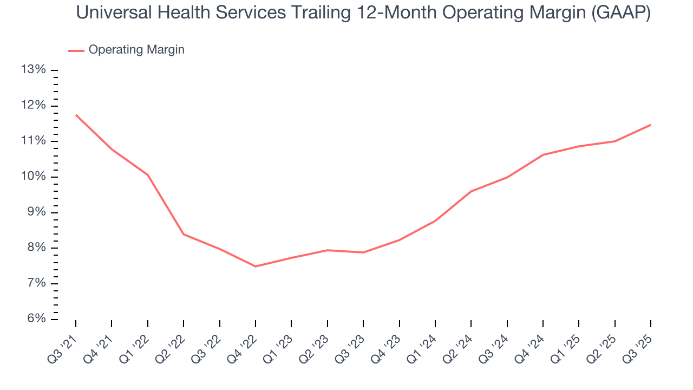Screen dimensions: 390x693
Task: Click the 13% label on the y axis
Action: (32, 70)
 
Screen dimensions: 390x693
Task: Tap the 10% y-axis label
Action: (32, 177)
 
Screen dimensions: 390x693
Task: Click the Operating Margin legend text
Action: (136, 50)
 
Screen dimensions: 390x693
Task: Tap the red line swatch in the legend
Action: (76, 50)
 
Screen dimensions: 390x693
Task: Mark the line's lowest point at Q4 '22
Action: (256, 266)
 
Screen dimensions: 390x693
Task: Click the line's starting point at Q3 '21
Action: (76, 115)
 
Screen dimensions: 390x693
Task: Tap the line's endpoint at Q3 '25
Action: (650, 125)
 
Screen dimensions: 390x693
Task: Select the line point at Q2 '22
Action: (184, 234)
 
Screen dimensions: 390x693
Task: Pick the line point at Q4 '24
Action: (542, 155)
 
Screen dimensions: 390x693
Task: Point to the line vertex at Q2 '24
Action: (471, 191)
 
